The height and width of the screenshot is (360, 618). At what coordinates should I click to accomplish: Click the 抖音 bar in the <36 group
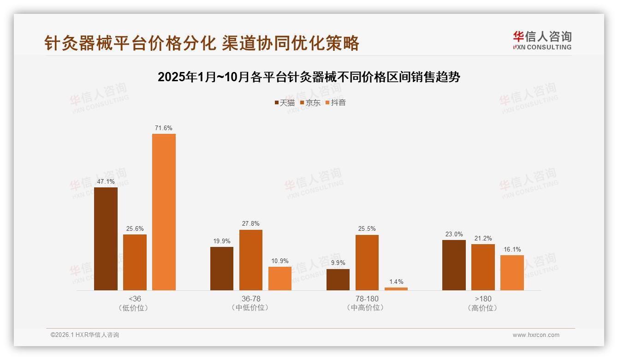[164, 212]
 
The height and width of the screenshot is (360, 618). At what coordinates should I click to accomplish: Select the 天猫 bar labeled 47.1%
[106, 239]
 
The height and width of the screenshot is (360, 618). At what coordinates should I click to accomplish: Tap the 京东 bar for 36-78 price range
[250, 260]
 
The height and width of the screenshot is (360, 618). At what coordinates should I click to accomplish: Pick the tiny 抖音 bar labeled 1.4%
[396, 289]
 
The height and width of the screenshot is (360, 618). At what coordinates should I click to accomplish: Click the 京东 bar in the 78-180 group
[367, 263]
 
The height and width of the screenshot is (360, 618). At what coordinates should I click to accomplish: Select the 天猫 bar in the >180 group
[454, 265]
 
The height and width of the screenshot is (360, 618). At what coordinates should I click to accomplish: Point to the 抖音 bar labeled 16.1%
[512, 272]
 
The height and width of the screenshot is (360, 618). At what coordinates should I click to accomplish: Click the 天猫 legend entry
[285, 102]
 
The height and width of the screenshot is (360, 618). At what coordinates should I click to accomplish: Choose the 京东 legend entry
[310, 102]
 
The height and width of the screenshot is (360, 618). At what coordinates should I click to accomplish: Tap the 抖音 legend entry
[336, 102]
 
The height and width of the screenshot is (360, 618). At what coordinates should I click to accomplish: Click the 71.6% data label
[164, 128]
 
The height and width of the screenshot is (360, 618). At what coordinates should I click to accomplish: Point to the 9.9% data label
[338, 263]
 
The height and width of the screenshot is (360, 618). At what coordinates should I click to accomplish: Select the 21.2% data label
[483, 238]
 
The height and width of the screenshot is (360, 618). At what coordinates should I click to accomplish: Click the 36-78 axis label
[250, 299]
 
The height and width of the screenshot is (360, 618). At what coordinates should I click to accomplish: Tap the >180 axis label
[483, 299]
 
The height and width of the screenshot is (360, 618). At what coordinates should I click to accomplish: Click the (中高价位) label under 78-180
[367, 308]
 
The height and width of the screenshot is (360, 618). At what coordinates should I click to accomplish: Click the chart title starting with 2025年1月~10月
[309, 77]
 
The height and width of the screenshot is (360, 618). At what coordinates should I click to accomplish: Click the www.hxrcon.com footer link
[535, 335]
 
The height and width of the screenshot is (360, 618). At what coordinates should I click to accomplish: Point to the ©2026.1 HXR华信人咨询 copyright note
[85, 335]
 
